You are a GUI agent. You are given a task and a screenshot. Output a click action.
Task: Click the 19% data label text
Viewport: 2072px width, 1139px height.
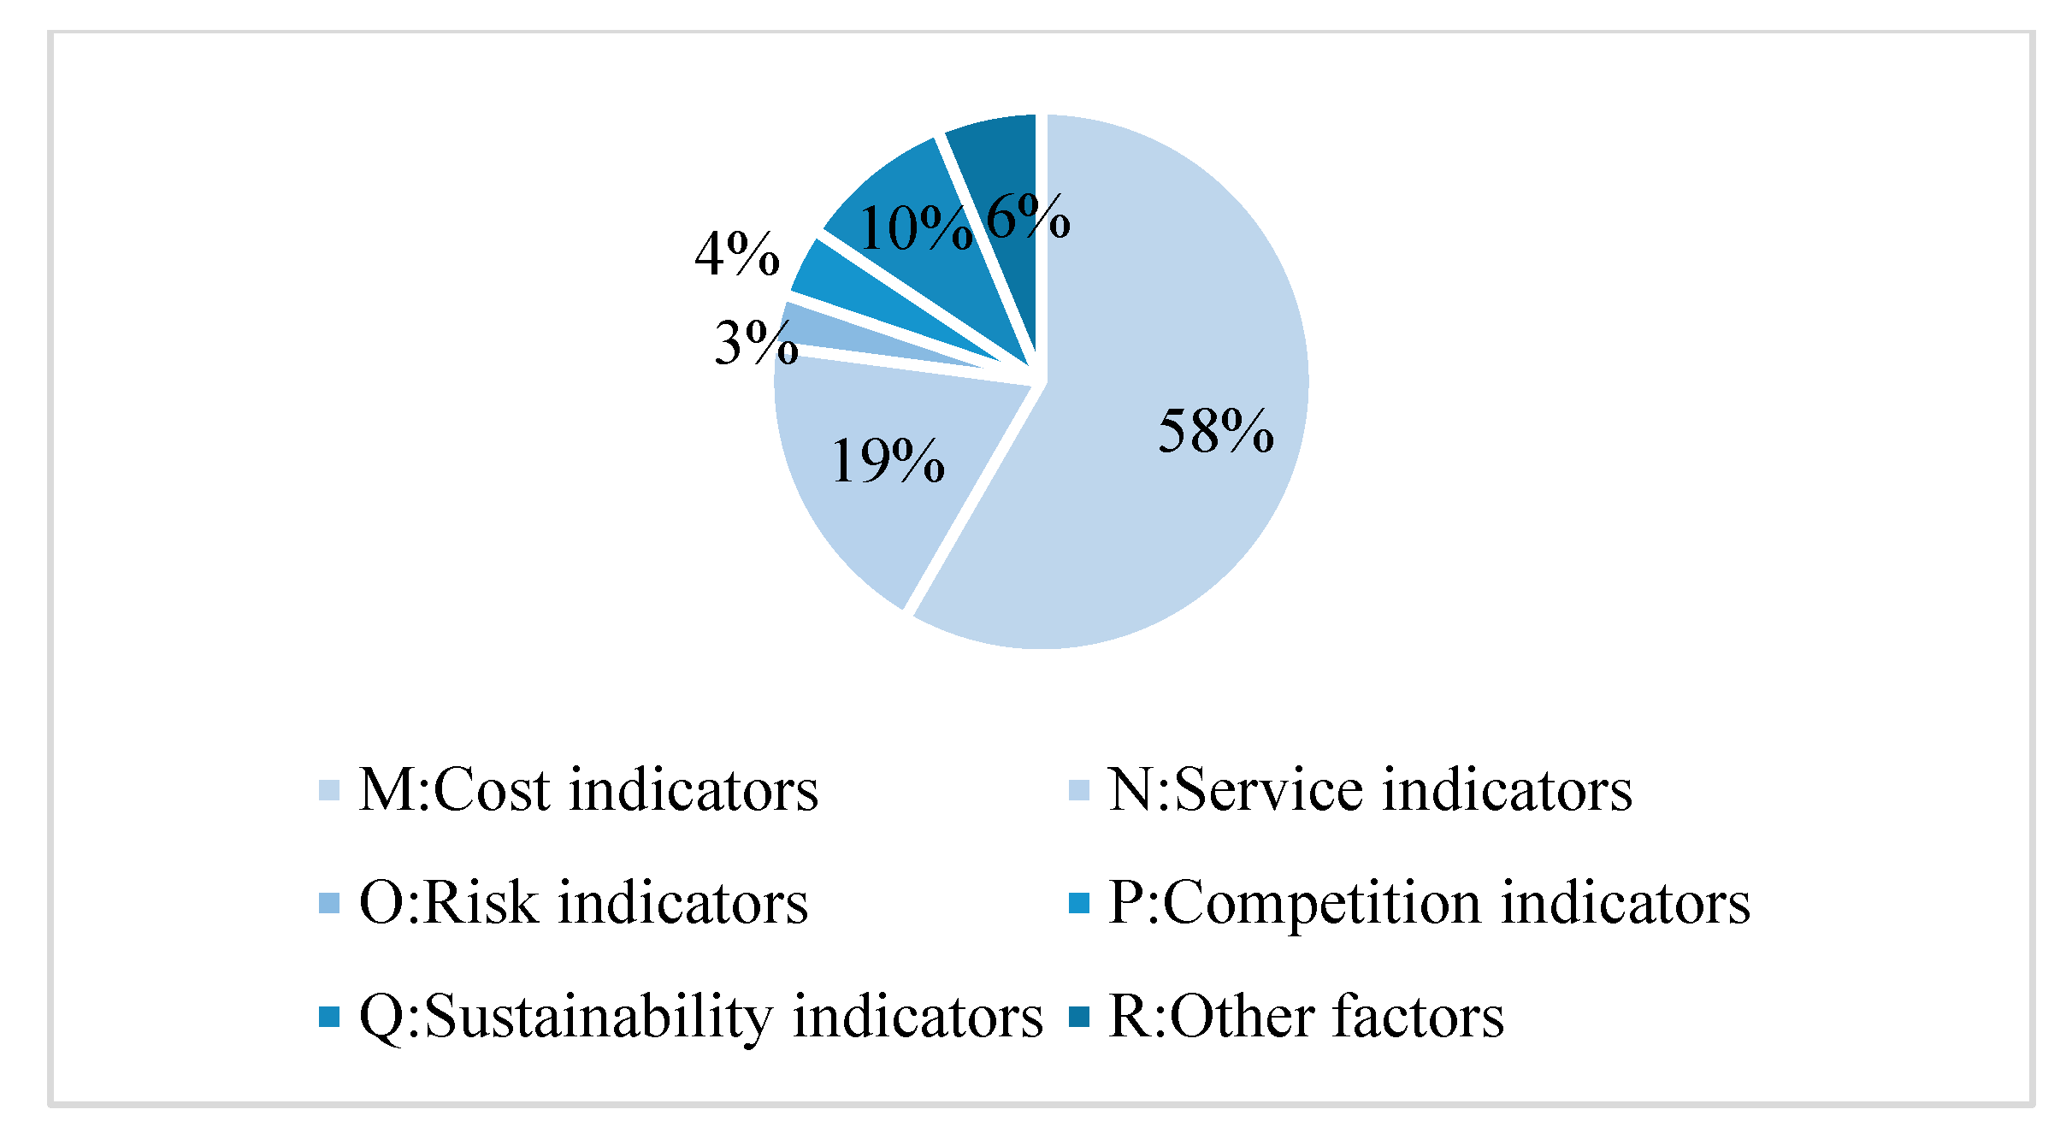pos(887,461)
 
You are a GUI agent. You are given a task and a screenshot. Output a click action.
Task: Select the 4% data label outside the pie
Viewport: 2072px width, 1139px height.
pos(736,254)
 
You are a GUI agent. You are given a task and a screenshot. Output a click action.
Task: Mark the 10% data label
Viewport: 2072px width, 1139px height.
pos(914,228)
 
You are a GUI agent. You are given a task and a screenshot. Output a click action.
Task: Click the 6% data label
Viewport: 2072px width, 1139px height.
pos(1027,215)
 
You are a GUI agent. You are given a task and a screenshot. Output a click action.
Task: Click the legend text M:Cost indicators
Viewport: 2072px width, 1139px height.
pos(588,789)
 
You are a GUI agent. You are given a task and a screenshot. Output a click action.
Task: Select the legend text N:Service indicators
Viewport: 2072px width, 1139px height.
pos(1369,789)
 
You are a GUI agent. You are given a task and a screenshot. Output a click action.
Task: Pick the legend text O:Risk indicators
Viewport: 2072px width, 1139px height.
pos(583,903)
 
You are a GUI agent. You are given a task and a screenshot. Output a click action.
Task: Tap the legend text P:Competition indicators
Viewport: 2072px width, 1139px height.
pos(1429,903)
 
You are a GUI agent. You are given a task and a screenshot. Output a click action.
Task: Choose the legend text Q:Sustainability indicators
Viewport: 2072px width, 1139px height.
pos(700,1017)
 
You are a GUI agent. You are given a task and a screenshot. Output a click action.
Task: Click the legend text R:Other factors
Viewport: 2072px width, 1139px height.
pos(1306,1017)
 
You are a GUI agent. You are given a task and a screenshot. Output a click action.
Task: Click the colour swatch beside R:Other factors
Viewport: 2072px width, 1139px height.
pos(1079,1017)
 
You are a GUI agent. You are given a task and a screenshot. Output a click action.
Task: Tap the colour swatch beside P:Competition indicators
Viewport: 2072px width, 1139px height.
pos(1079,903)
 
